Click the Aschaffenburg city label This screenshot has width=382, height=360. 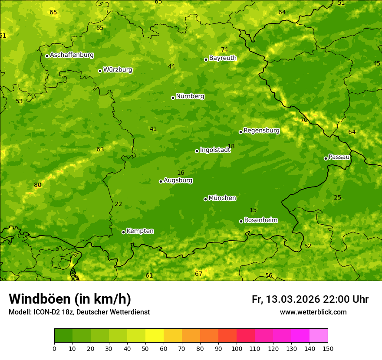click(x=72, y=55)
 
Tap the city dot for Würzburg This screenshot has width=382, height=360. click(x=100, y=71)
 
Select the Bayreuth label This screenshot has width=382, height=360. click(x=223, y=58)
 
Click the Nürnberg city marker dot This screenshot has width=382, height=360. click(x=173, y=98)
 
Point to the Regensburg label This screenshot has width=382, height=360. click(x=261, y=131)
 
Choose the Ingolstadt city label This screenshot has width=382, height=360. click(x=215, y=150)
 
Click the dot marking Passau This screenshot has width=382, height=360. click(x=326, y=158)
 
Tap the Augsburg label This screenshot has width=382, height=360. click(x=178, y=180)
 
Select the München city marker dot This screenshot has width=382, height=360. click(x=205, y=199)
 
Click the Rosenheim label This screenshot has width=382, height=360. click(x=260, y=220)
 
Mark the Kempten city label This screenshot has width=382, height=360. click(x=140, y=231)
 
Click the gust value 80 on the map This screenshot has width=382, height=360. click(x=38, y=185)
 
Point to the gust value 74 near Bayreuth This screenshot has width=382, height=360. click(x=224, y=49)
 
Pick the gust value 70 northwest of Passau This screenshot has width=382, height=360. click(x=304, y=120)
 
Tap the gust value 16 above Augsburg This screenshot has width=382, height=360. click(x=181, y=173)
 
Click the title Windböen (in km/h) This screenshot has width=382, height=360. click(x=70, y=299)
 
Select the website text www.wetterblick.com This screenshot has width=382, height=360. click(x=313, y=312)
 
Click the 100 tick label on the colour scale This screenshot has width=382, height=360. click(x=237, y=348)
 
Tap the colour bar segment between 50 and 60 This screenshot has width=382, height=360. click(x=155, y=336)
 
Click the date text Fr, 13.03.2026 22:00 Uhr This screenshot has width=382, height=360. click(x=310, y=299)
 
